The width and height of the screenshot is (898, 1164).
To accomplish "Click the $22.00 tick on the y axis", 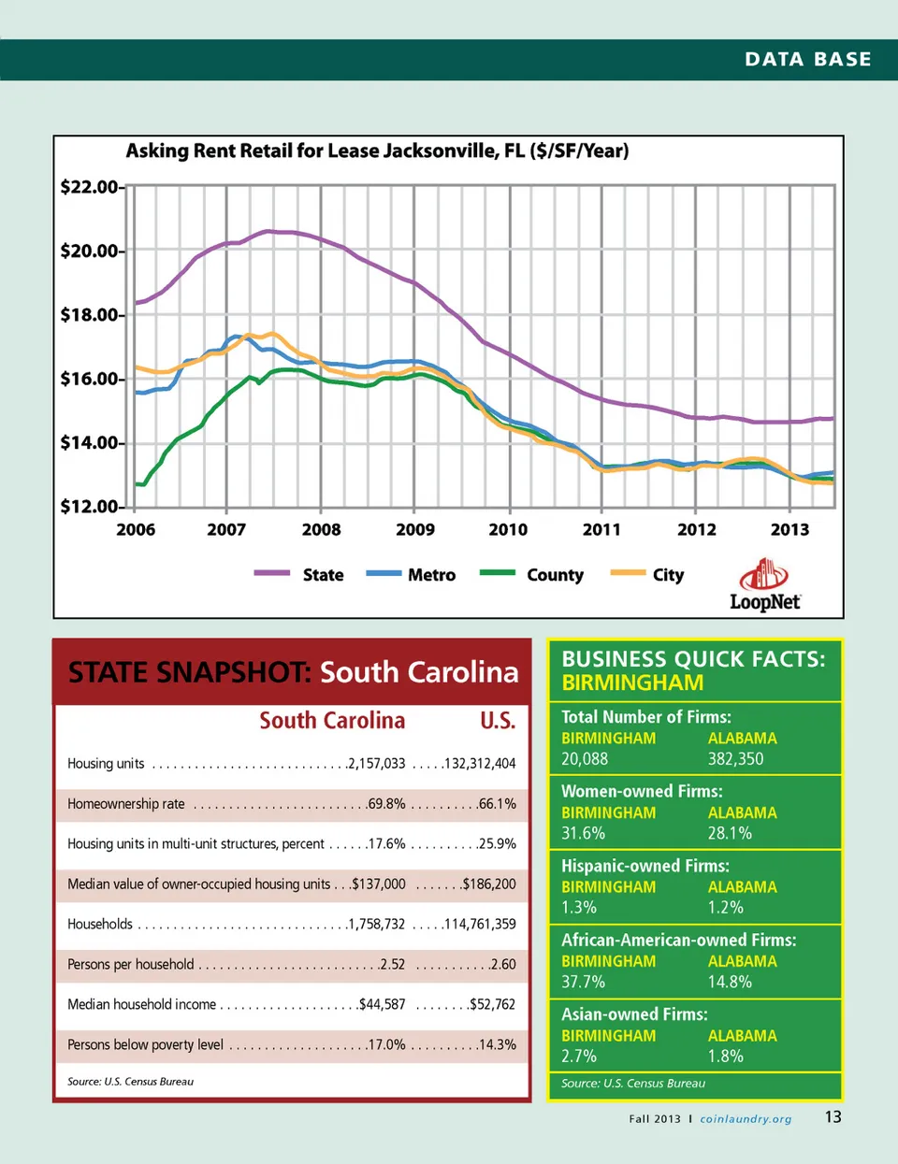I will [x=90, y=187].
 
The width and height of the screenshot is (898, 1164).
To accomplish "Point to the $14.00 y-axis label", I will [x=90, y=443].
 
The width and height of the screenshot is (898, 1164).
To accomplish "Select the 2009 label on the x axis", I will [x=415, y=530].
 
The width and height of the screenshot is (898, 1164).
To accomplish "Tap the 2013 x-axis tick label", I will [x=789, y=530].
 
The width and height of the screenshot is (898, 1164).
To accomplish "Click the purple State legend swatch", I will [x=271, y=573].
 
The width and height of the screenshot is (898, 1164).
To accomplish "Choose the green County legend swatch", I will [x=498, y=573].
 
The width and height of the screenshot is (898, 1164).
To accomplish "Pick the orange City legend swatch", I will [x=628, y=573].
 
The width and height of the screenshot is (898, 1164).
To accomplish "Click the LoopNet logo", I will [x=764, y=585].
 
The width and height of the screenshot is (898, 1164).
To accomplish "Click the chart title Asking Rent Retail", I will [x=377, y=151].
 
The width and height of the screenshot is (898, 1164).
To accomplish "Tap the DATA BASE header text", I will [x=808, y=60].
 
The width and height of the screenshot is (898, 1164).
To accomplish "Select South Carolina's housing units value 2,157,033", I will [x=377, y=764].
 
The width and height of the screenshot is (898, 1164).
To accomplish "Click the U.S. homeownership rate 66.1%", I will [x=497, y=804].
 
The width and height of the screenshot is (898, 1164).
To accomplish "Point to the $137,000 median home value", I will [x=379, y=884].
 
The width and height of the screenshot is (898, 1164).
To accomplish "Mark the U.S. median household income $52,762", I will [x=493, y=1005].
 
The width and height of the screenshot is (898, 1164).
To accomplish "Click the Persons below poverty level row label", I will [x=145, y=1045].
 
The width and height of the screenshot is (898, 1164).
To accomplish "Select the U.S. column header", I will [x=498, y=721].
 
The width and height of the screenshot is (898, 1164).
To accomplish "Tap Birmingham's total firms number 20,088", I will [x=585, y=759].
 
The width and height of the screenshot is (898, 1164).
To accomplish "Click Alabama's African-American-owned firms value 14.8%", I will [x=730, y=982].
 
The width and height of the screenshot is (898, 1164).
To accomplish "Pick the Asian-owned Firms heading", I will [x=634, y=1014].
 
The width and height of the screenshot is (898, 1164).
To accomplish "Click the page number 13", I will [x=833, y=1117].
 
